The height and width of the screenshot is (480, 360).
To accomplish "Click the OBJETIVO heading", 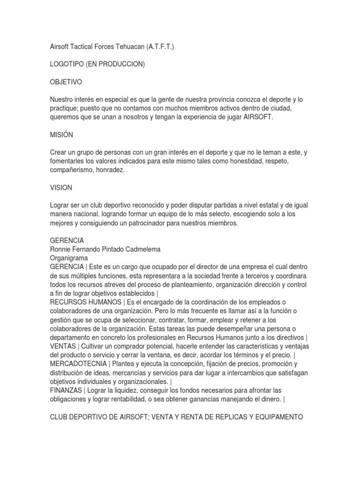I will pyautogui.click(x=66, y=82).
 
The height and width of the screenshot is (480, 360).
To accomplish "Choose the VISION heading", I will pyautogui.click(x=61, y=187).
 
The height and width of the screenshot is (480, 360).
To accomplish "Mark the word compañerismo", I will pyautogui.click(x=74, y=170).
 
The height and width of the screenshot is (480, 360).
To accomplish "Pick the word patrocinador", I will pyautogui.click(x=180, y=223).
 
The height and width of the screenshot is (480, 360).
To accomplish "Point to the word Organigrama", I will pyautogui.click(x=69, y=258).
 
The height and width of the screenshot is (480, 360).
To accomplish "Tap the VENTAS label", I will pyautogui.click(x=63, y=346).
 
